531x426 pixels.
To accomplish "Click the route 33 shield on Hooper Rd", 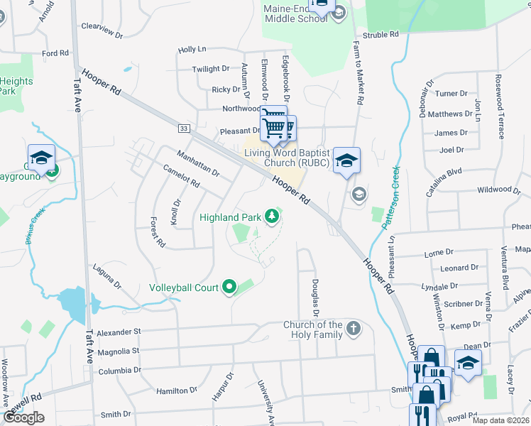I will click(x=184, y=128).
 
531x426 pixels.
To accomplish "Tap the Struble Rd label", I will click(x=384, y=35).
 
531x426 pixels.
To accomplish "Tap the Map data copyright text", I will click(x=501, y=420).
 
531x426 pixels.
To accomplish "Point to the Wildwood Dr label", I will click(x=494, y=190).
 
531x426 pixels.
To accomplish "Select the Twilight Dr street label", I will click(x=211, y=69).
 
